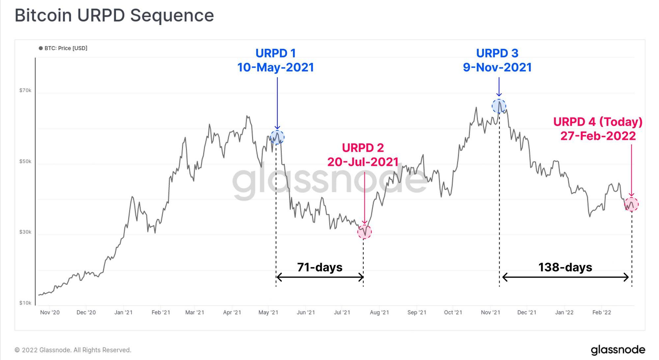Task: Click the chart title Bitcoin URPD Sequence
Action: coord(114,15)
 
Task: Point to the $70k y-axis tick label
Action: coord(25,90)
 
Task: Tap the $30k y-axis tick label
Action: coord(25,232)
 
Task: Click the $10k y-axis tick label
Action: coord(25,303)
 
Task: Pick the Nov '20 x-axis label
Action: coord(50,313)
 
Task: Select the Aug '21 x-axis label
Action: coord(379,313)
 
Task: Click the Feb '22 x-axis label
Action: coord(601,313)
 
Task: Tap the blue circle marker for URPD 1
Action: coord(277,137)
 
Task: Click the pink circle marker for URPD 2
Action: coord(364,232)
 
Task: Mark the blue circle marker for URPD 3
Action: coord(499,106)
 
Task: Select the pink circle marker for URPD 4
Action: coord(631,204)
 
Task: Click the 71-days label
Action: coord(320,267)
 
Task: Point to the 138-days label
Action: coord(565,267)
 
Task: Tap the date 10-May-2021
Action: coord(275,68)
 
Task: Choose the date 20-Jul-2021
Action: coord(363,162)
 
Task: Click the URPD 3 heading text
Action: coord(497,53)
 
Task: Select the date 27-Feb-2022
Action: coord(598,136)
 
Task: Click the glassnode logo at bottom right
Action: coord(618,350)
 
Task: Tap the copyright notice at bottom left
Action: coord(73,350)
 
